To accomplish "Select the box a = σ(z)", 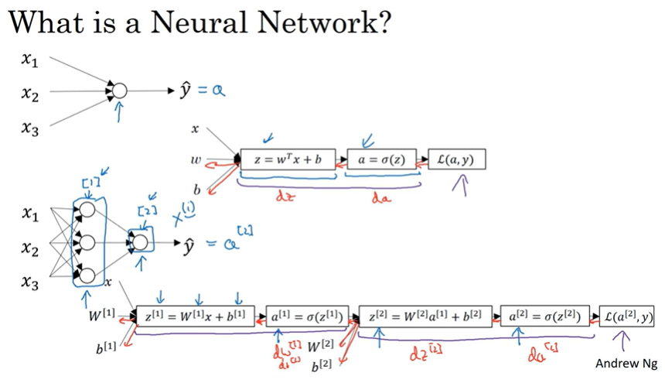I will (x=382, y=160).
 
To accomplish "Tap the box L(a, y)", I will (x=457, y=160).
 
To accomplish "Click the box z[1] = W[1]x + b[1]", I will (x=195, y=316).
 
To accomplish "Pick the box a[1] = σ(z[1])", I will (x=307, y=316).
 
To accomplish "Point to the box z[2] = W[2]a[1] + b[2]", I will (x=425, y=316).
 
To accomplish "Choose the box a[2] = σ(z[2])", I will (x=548, y=316).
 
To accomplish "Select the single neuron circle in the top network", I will (x=118, y=91).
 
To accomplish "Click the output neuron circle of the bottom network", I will (x=140, y=242).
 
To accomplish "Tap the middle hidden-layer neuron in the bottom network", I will (x=87, y=242).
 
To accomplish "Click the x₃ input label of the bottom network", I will (x=30, y=282).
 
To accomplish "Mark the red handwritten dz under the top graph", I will (x=285, y=197).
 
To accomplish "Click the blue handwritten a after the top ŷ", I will (x=219, y=91).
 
